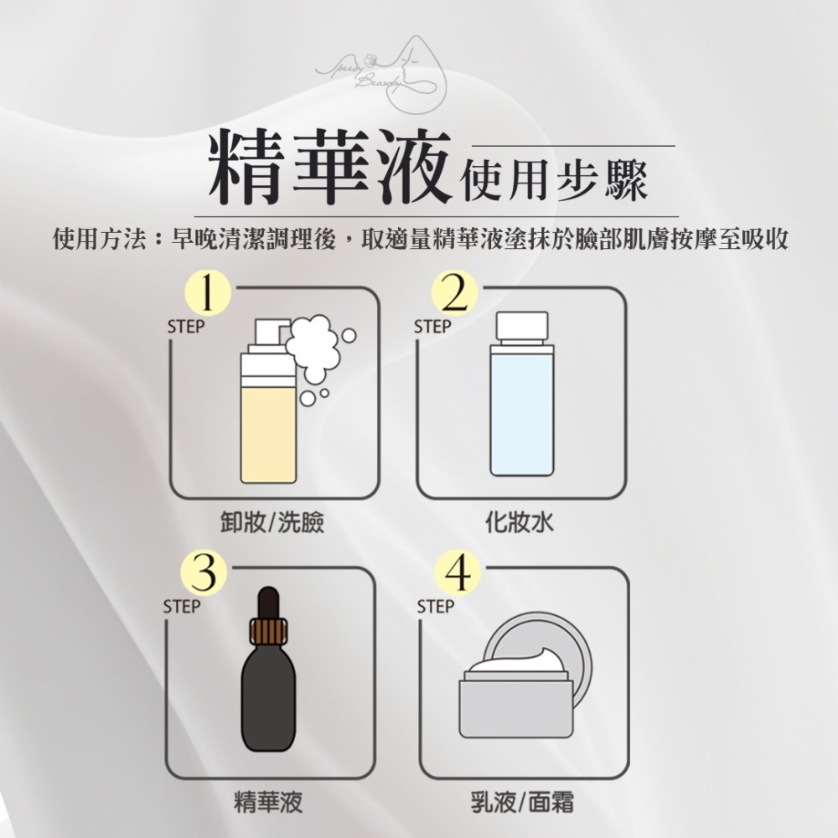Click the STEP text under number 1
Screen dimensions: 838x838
click(x=185, y=328)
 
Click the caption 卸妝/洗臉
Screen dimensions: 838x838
click(x=266, y=524)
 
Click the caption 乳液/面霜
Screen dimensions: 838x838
click(x=521, y=804)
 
